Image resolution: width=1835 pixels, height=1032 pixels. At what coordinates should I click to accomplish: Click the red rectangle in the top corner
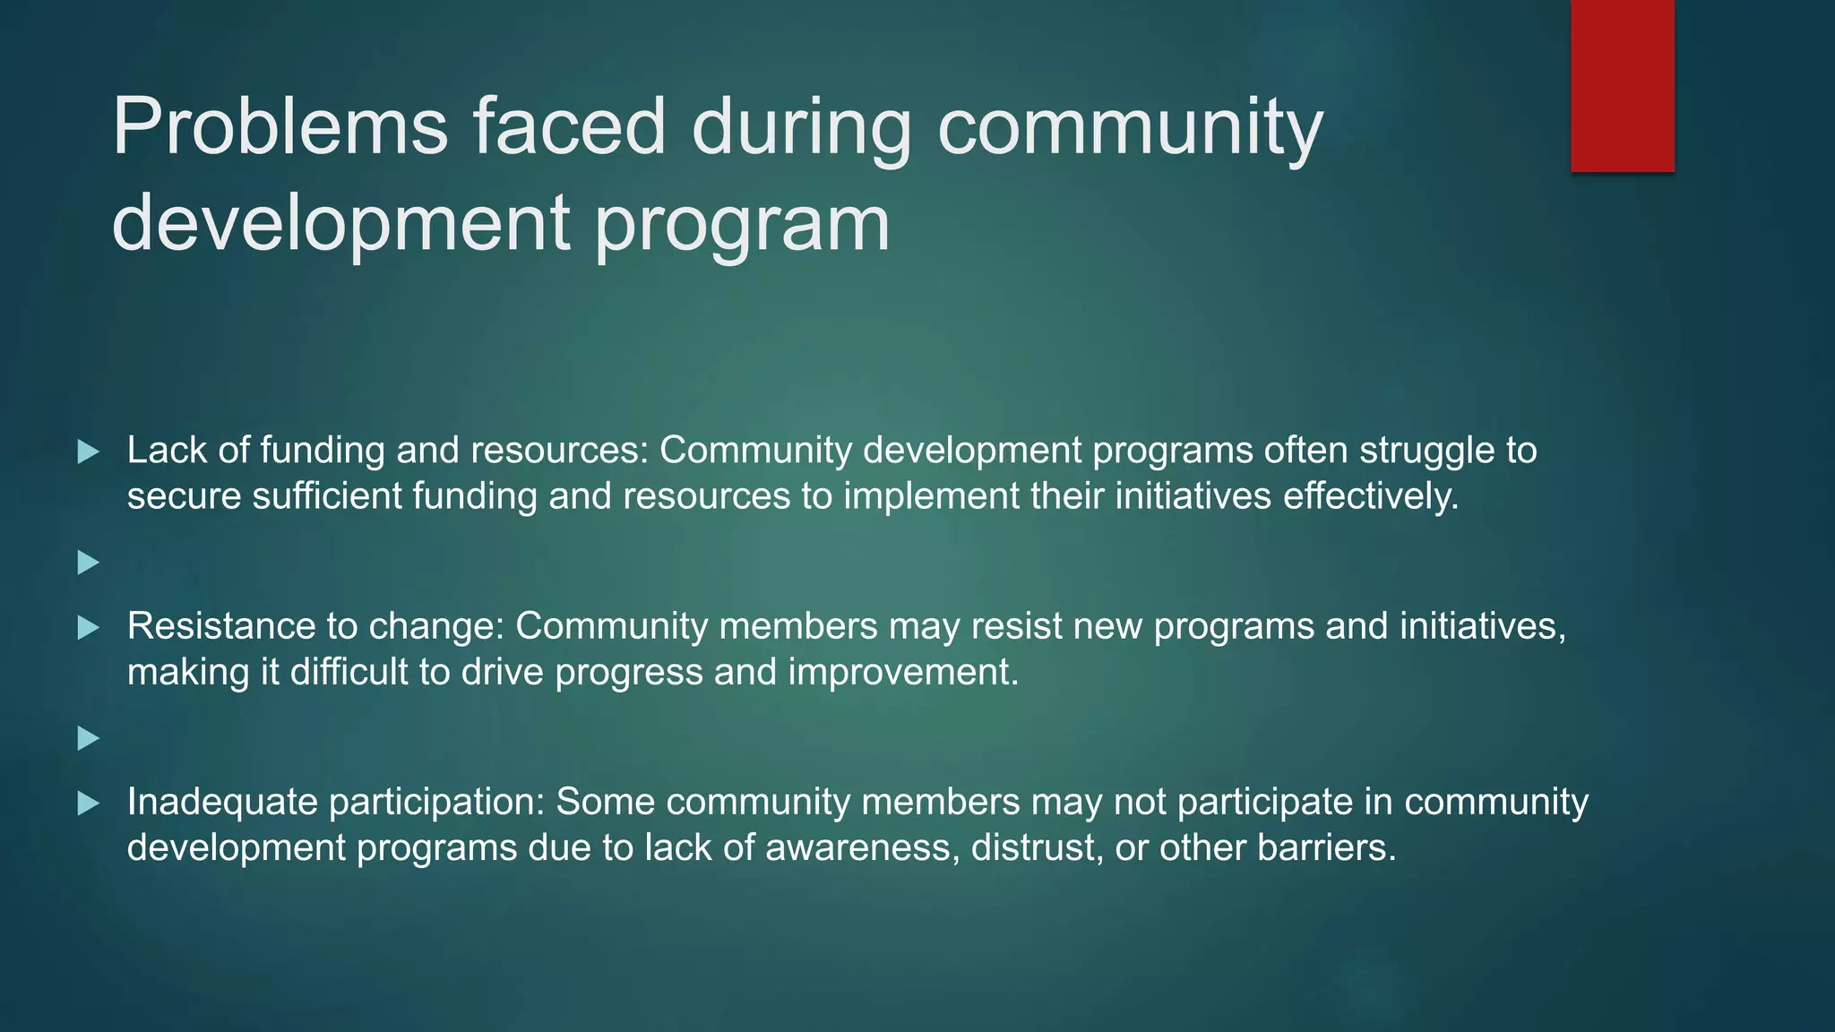click(x=1622, y=85)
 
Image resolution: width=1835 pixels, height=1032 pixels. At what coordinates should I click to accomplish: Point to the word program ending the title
click(x=742, y=224)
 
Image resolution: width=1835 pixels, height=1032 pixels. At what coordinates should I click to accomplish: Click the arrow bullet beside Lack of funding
click(x=88, y=451)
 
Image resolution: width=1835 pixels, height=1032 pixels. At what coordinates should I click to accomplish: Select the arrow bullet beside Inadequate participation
click(x=88, y=803)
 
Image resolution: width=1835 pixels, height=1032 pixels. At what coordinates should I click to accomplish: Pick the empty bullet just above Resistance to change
click(x=88, y=563)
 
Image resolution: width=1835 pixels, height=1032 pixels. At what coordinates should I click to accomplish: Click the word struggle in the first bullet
click(x=1426, y=451)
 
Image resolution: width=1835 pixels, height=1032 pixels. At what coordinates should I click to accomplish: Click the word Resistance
click(x=220, y=626)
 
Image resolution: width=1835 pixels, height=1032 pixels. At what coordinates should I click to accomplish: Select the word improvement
click(x=903, y=672)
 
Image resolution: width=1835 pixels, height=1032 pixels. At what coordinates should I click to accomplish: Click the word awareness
click(x=862, y=847)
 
